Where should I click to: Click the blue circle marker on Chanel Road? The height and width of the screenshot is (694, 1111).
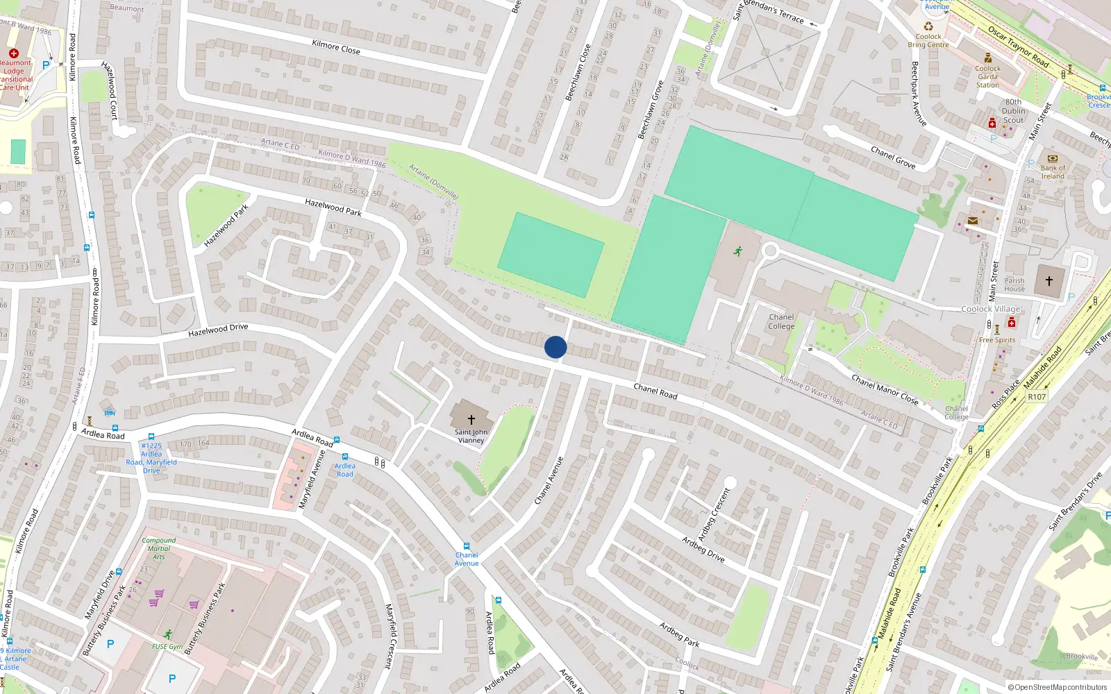[x=555, y=347]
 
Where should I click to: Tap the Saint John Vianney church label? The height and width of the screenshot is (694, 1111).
[x=471, y=436]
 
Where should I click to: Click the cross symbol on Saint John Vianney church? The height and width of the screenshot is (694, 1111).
[x=471, y=419]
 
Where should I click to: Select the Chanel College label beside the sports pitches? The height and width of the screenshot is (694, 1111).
[x=781, y=321]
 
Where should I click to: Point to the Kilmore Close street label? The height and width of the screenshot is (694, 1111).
[x=336, y=46]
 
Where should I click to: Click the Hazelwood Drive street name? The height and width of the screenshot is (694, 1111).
[x=218, y=330]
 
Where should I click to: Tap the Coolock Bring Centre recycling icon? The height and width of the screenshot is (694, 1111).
[x=928, y=26]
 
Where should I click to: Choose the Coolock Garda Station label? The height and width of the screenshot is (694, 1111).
[x=987, y=76]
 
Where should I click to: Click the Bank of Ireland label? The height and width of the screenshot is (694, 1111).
[x=1053, y=172]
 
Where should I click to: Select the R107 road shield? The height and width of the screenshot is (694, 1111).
[x=1037, y=397]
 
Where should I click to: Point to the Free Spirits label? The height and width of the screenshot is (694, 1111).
[x=997, y=340]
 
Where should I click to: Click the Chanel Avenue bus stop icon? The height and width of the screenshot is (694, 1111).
[x=467, y=546]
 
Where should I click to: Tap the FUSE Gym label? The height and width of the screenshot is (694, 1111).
[x=167, y=646]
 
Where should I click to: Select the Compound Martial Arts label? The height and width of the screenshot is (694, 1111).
[x=159, y=548]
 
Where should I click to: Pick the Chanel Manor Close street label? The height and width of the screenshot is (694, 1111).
[x=885, y=390]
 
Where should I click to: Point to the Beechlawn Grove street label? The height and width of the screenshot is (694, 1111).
[x=651, y=110]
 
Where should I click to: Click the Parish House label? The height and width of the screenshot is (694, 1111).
[x=1014, y=285]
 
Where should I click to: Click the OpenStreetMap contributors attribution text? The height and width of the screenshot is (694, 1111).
[x=1058, y=688]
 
